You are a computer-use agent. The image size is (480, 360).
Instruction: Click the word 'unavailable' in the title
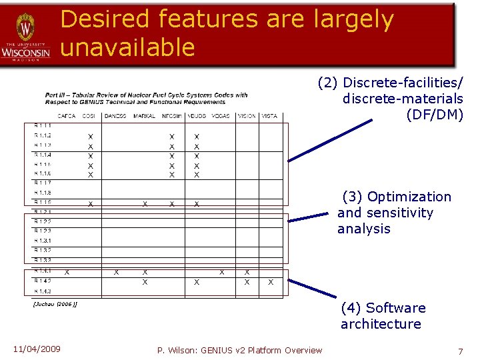coord(127,47)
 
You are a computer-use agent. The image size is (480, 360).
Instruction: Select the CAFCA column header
coord(67,116)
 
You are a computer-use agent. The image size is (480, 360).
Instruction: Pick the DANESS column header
coord(115,116)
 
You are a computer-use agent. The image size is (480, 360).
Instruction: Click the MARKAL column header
coord(144,116)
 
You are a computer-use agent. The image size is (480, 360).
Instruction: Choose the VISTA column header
coord(269,116)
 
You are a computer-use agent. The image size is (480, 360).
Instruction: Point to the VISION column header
coord(247,116)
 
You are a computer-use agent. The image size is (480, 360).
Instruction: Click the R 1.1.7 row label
coord(43,183)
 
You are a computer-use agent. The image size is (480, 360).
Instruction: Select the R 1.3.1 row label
coord(43,240)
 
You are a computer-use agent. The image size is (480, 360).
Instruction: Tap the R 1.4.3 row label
coord(43,291)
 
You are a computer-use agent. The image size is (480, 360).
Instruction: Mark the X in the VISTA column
coord(270,282)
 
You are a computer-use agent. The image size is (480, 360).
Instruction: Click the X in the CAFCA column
coord(67,272)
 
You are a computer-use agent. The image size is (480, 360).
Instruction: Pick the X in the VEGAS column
coord(222,272)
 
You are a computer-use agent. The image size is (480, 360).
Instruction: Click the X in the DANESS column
coord(116,272)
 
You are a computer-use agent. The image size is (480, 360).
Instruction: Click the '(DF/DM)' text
coord(435,114)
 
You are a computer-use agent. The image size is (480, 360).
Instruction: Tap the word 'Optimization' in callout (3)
coord(409,197)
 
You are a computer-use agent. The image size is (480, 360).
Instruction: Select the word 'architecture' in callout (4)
coord(381,324)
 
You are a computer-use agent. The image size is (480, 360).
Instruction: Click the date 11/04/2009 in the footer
coord(37,349)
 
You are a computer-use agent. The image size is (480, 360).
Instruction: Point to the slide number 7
coord(460,351)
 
